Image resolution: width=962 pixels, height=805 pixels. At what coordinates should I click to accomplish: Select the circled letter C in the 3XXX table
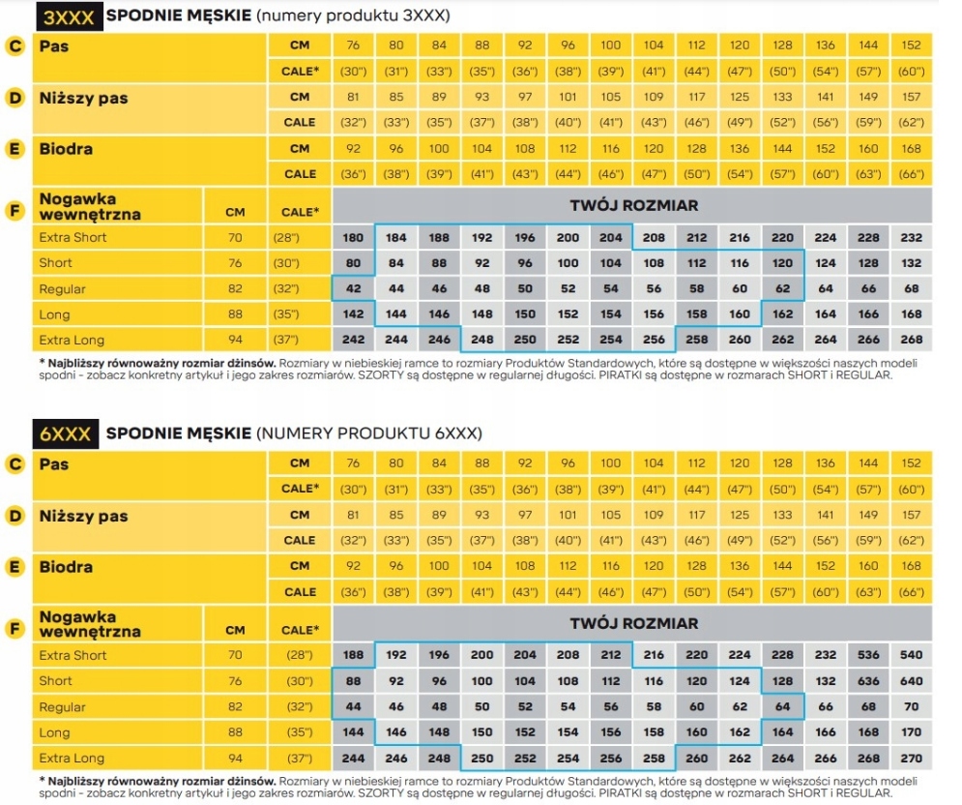pyautogui.click(x=15, y=45)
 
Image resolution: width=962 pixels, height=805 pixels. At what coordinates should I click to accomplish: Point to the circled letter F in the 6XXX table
pyautogui.click(x=15, y=630)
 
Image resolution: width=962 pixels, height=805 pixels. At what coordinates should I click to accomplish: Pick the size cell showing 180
pyautogui.click(x=354, y=238)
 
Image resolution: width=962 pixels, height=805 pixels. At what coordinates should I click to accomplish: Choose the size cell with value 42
pyautogui.click(x=354, y=288)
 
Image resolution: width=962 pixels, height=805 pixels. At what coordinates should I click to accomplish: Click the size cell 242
pyautogui.click(x=354, y=340)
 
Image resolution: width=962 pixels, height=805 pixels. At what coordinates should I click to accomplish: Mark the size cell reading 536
pyautogui.click(x=868, y=655)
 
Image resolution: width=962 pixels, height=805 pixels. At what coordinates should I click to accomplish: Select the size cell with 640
pyautogui.click(x=911, y=681)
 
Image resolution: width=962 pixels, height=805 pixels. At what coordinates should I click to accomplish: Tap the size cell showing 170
pyautogui.click(x=911, y=732)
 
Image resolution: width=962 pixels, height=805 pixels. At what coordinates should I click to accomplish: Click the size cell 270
pyautogui.click(x=911, y=759)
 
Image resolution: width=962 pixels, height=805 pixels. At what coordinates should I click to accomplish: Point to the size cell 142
pyautogui.click(x=354, y=314)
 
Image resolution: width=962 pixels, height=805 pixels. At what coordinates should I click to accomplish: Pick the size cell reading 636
pyautogui.click(x=868, y=681)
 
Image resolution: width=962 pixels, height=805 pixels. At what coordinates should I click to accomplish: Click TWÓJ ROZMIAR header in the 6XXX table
pyautogui.click(x=633, y=624)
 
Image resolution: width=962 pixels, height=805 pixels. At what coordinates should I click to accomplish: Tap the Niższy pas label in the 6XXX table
pyautogui.click(x=83, y=516)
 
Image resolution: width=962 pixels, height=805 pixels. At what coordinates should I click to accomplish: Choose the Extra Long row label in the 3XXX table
pyautogui.click(x=72, y=340)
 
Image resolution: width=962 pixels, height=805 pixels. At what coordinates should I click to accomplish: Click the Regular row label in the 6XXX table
pyautogui.click(x=62, y=707)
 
